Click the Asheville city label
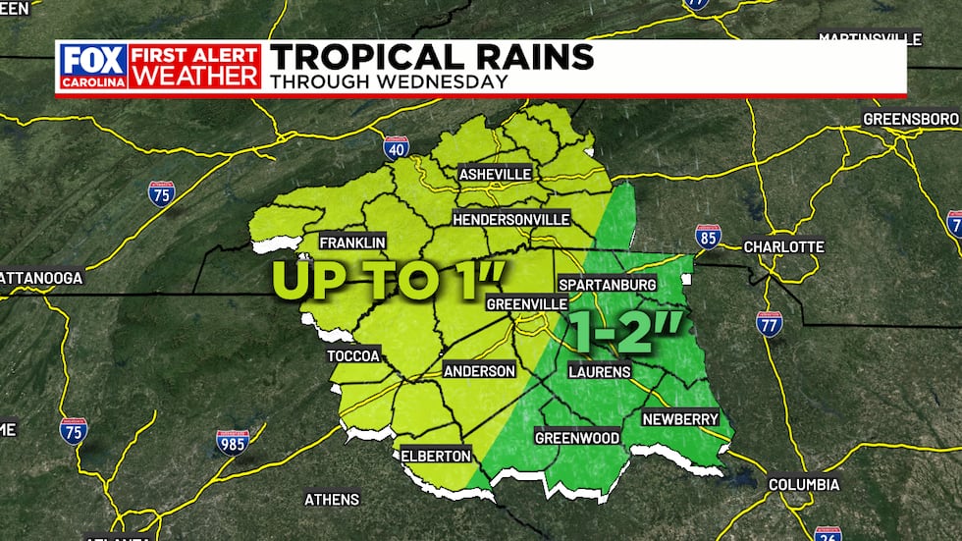[496, 174]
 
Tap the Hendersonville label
[510, 218]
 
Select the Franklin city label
[352, 243]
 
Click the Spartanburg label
[606, 284]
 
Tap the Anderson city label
[479, 371]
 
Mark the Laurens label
[600, 371]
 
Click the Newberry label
[680, 418]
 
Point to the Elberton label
[436, 455]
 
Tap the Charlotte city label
[783, 245]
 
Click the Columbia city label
[804, 485]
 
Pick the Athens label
[332, 499]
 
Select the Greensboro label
[908, 119]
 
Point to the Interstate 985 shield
[233, 441]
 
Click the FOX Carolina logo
[93, 66]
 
